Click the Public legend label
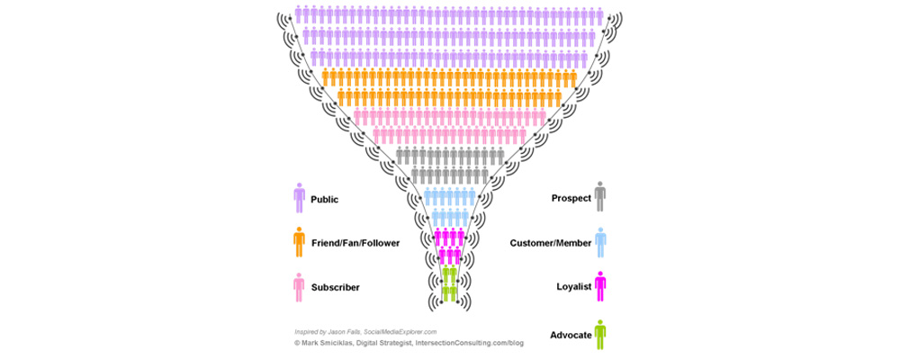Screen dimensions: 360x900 (x=325, y=199)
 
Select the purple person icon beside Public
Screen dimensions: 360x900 (x=299, y=197)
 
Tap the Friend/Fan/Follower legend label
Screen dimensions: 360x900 (x=355, y=243)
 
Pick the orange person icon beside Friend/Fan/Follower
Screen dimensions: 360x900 (x=299, y=241)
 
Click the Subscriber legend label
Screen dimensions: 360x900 (x=336, y=287)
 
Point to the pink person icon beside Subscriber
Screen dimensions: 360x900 (x=299, y=286)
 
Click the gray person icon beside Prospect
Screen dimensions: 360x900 (x=600, y=196)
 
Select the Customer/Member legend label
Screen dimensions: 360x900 (x=551, y=243)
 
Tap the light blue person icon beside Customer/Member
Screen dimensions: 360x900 (x=600, y=241)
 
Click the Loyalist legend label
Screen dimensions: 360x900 (x=574, y=287)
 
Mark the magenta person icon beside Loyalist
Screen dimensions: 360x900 (x=600, y=286)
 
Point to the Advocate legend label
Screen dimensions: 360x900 (x=571, y=335)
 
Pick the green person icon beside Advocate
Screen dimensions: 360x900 (x=600, y=334)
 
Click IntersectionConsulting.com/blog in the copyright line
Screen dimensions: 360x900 (x=469, y=343)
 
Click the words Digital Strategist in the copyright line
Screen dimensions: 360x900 (x=388, y=343)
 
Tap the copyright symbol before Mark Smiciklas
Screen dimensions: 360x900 (x=298, y=343)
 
